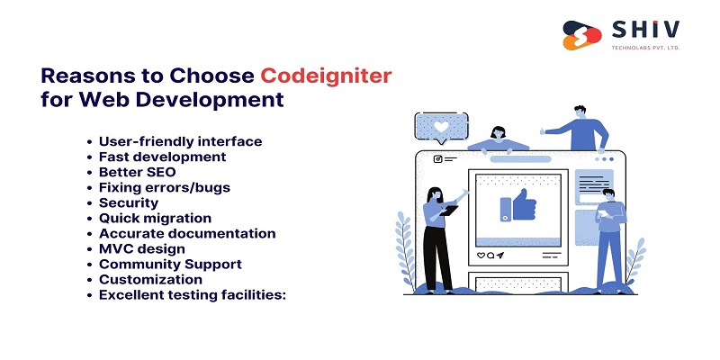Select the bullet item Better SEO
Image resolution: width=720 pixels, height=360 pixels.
click(137, 172)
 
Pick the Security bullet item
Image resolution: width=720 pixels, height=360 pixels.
click(129, 202)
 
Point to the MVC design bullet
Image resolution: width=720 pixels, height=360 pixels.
click(142, 248)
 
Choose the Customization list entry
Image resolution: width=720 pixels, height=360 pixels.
click(150, 279)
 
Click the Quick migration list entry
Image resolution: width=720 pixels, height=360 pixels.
click(155, 218)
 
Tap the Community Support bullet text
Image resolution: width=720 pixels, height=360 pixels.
click(170, 264)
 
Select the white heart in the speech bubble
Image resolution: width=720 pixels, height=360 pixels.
click(440, 127)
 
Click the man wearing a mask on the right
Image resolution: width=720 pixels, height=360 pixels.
click(609, 237)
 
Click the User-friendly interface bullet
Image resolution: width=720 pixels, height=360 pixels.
click(180, 141)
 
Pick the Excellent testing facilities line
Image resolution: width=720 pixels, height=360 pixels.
click(192, 294)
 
